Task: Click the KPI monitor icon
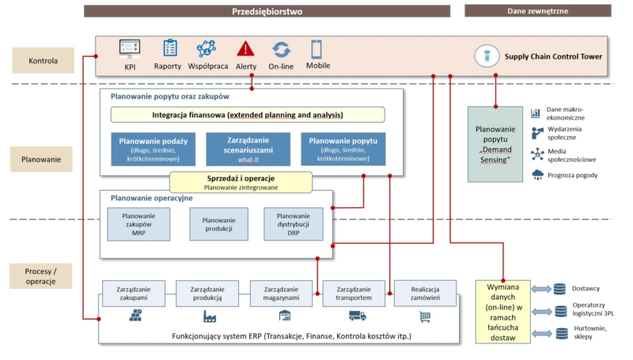[130, 49]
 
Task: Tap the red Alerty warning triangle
[246, 49]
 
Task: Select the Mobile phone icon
[316, 49]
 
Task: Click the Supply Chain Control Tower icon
[484, 56]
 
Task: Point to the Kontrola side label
[40, 60]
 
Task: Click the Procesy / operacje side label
[40, 276]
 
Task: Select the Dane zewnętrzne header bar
[536, 11]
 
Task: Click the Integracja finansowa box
[247, 115]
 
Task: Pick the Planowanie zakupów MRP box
[138, 225]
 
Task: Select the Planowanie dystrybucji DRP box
[293, 225]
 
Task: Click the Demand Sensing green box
[495, 144]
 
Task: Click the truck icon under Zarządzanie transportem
[357, 316]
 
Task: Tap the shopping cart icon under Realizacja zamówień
[425, 316]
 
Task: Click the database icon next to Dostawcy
[560, 290]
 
